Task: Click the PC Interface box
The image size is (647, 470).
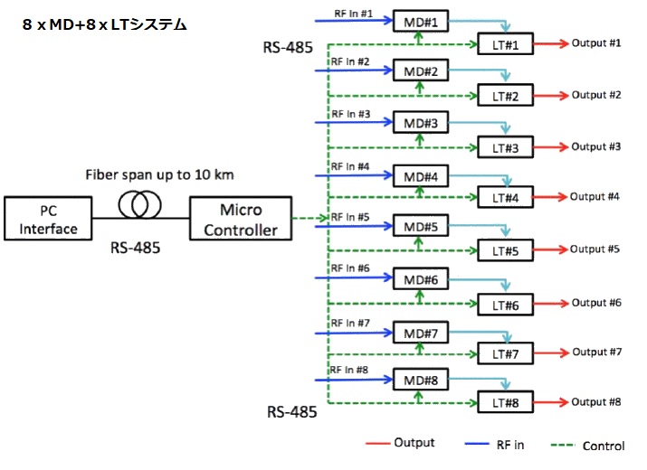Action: (49, 220)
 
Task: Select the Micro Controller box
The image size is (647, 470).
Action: (240, 220)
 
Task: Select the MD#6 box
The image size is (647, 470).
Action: (421, 281)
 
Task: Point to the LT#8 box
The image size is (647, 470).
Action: (505, 403)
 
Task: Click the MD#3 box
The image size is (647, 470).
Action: (421, 123)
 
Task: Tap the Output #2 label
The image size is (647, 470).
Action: (595, 95)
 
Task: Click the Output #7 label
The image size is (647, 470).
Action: (596, 352)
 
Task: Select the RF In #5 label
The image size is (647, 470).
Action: (350, 217)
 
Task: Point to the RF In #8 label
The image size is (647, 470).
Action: (350, 369)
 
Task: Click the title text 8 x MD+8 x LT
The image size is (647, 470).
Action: (104, 25)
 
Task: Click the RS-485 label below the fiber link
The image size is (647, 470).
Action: (136, 247)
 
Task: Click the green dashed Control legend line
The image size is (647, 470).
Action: (556, 445)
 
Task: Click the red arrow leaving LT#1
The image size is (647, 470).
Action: (551, 43)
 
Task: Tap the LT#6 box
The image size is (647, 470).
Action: (505, 305)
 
